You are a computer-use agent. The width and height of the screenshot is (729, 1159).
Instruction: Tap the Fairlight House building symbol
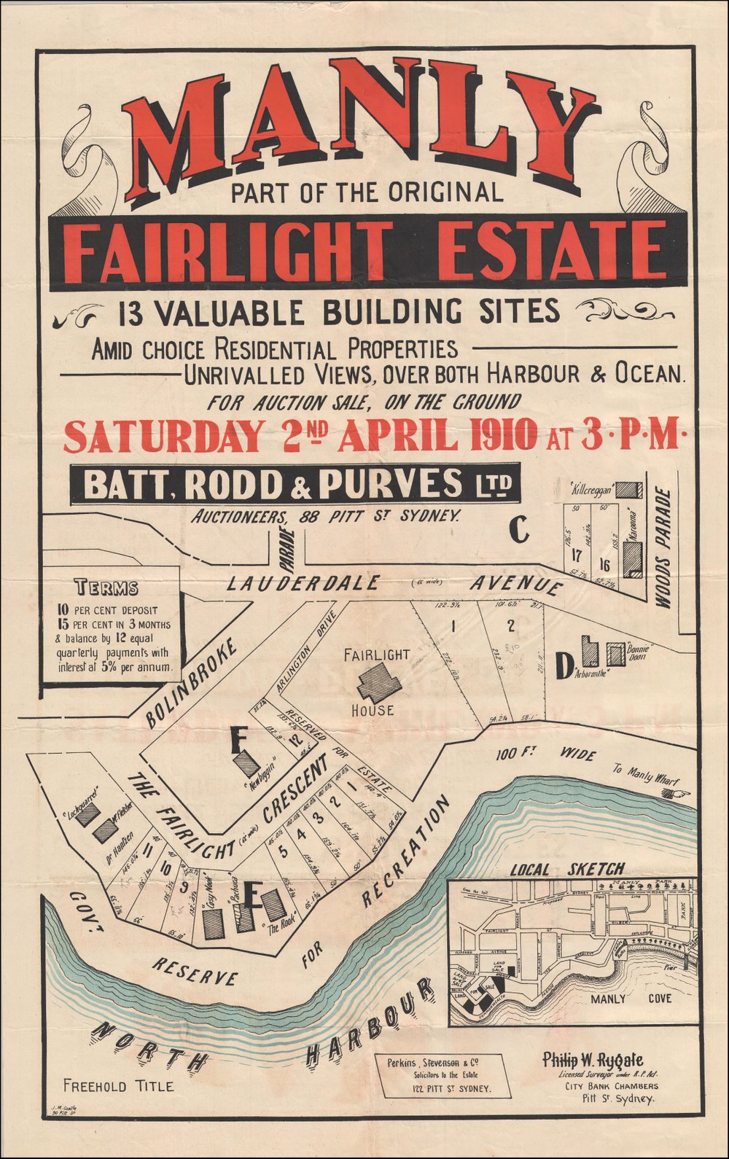(378, 683)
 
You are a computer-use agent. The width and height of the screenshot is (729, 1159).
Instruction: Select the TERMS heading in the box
(106, 588)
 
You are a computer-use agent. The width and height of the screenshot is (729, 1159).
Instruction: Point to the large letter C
(518, 530)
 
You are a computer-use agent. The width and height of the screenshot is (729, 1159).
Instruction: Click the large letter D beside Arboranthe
(561, 668)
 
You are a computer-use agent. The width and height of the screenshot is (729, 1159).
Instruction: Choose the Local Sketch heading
(567, 869)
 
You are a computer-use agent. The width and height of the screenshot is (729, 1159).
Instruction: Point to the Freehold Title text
(118, 1086)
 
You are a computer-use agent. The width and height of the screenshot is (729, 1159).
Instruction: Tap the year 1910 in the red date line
(502, 437)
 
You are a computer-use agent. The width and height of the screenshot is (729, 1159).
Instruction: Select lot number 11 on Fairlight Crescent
(148, 850)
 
